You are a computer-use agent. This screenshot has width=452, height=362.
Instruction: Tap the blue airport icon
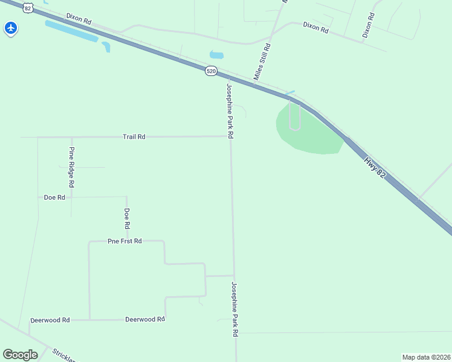coord(11,28)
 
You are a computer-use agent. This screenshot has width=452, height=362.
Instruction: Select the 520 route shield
coord(210,71)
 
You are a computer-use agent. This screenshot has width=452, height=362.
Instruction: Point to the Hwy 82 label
coord(374,167)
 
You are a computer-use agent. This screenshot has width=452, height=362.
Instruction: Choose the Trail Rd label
coord(134,137)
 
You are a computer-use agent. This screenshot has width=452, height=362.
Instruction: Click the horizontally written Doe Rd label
coord(54,197)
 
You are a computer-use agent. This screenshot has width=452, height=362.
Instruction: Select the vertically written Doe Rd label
coord(127,218)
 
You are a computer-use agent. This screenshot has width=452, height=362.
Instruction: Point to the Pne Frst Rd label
coord(125,241)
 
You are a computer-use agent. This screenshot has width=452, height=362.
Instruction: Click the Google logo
coord(20,355)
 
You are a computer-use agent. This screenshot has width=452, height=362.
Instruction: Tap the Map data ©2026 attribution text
coord(426,357)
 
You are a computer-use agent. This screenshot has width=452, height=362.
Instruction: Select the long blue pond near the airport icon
coord(71,31)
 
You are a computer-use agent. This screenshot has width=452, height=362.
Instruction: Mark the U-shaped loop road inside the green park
coord(295,116)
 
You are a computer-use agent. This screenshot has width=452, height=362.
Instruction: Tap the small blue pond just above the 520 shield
coord(216,55)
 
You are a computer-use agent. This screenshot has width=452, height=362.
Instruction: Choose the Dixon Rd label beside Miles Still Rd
coord(315,27)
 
